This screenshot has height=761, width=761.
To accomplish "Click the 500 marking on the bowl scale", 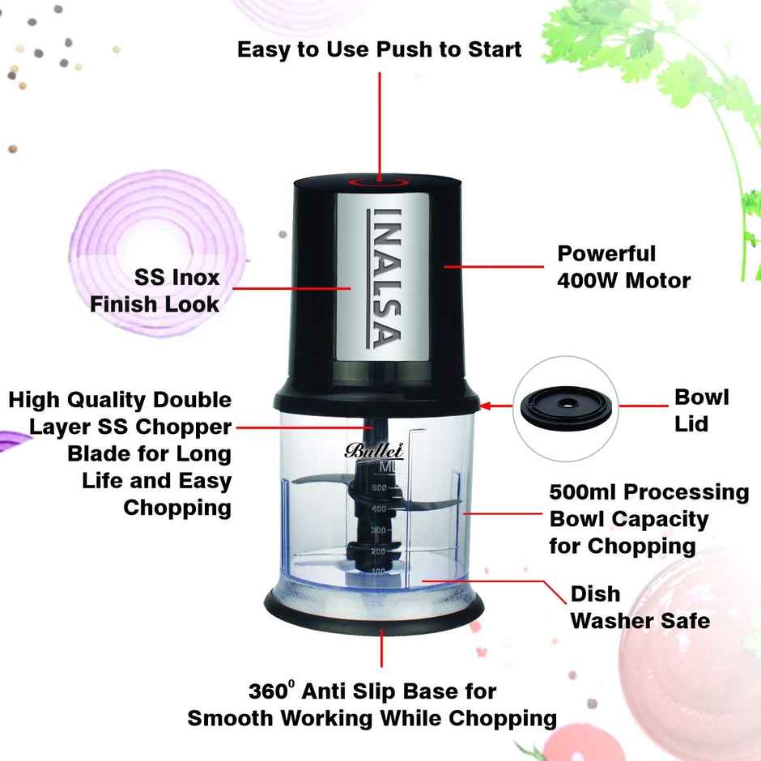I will (x=377, y=488).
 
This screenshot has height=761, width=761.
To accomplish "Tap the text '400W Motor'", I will (x=623, y=281).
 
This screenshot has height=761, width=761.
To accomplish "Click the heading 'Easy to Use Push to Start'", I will (x=379, y=49).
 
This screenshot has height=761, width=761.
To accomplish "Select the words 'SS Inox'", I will (x=176, y=277).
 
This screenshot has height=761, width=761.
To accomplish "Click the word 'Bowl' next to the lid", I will (x=701, y=397).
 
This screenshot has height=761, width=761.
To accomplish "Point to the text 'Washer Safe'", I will (x=640, y=621).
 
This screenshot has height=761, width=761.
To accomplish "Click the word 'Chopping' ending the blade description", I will (x=176, y=508).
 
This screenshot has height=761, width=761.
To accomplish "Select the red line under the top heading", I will (x=380, y=121).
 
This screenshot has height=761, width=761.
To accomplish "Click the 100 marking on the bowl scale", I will (x=377, y=572).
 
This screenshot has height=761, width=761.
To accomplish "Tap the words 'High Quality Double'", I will (x=120, y=400).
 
